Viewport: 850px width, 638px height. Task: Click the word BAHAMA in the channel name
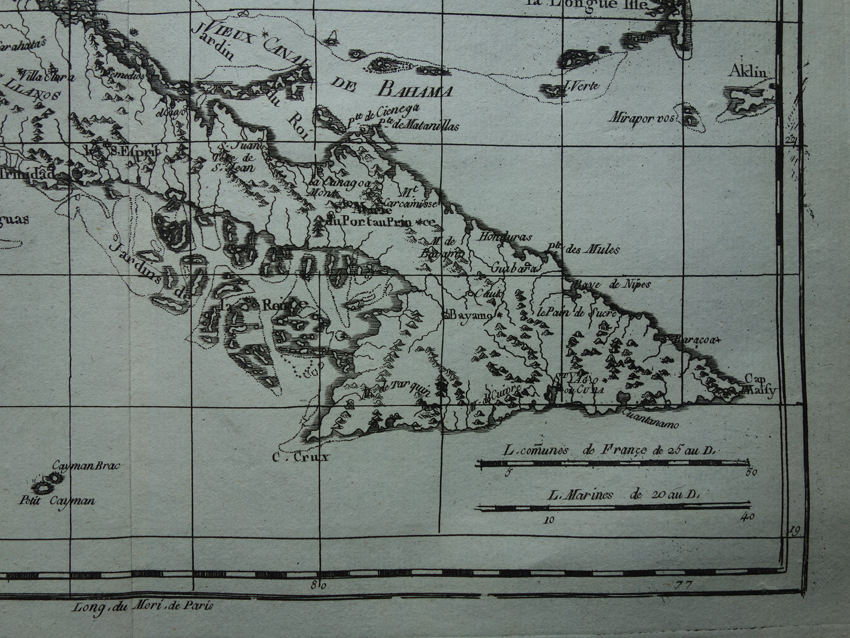click(416, 91)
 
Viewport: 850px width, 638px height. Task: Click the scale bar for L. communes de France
click(615, 463)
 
